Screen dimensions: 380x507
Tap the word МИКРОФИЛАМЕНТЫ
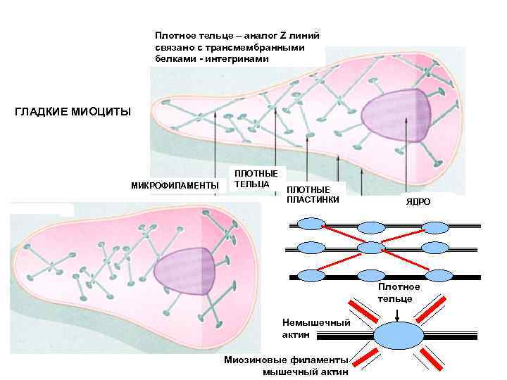pos(175,185)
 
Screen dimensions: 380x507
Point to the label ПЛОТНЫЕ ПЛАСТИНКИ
pos(313,195)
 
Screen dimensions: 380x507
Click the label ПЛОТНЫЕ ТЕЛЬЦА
pos(256,179)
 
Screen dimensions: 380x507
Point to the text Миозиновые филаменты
pos(286,360)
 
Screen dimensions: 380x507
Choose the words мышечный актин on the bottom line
pos(306,372)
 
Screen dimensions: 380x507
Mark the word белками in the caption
pos(173,58)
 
